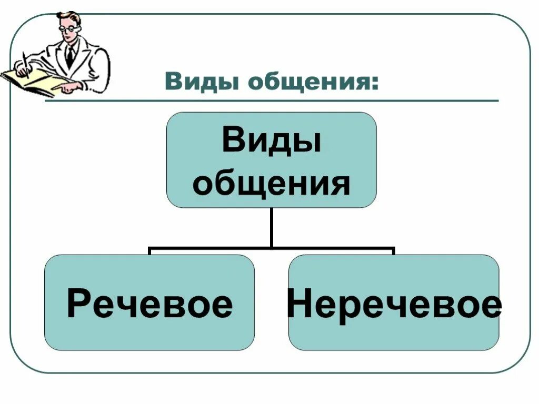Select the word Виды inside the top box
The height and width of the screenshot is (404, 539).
click(271, 141)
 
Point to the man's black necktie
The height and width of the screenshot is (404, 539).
click(69, 56)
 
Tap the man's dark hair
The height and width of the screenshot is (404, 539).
click(71, 16)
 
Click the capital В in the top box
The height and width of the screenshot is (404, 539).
click(233, 141)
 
